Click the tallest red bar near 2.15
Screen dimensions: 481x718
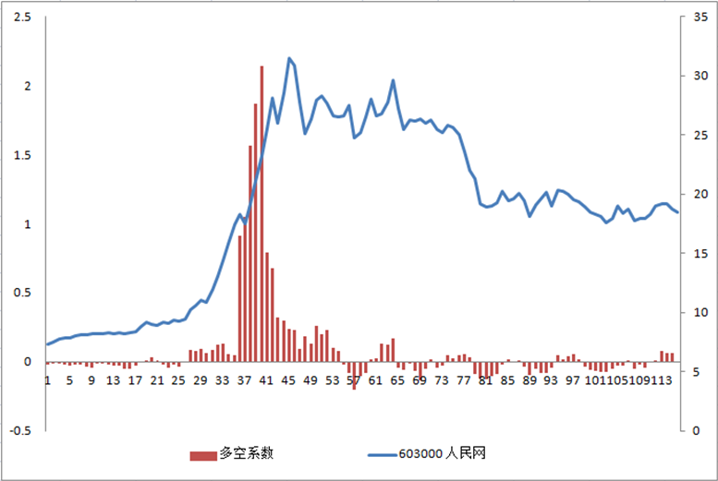tap(262, 212)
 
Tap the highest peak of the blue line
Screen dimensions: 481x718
tap(289, 58)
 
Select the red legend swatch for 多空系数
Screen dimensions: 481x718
tap(201, 454)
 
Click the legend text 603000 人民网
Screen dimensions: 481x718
tap(443, 454)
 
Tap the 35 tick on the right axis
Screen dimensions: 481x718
tap(687, 18)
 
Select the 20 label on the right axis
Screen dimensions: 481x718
tap(687, 195)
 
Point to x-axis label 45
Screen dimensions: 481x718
tap(288, 380)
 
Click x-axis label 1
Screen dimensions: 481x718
tap(47, 380)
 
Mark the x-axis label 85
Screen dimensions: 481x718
tap(507, 380)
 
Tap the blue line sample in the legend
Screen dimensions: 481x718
tap(381, 454)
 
